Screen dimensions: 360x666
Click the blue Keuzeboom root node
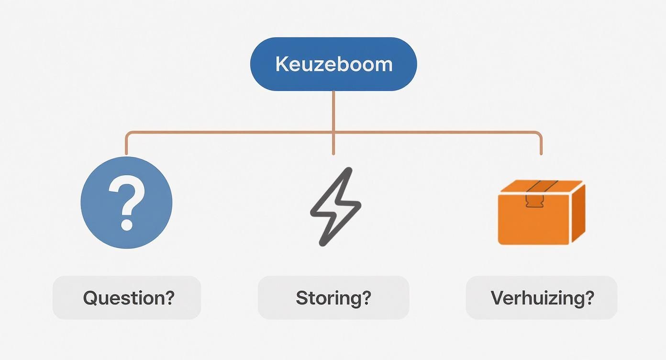point(333,64)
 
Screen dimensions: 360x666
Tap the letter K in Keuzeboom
point(281,65)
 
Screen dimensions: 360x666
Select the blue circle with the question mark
point(126,202)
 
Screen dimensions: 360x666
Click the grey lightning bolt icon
point(335,206)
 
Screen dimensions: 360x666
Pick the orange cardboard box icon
point(541,212)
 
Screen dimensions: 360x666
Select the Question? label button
point(127,298)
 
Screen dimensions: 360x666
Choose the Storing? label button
point(333,298)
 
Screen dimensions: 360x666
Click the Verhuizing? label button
point(542,298)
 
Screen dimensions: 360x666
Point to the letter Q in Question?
point(90,298)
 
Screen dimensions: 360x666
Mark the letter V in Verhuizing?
point(498,298)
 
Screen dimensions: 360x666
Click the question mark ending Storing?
point(366,298)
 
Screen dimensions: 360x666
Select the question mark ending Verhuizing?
point(589,298)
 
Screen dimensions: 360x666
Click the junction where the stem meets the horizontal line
point(333,132)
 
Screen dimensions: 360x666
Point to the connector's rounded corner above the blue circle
point(128,134)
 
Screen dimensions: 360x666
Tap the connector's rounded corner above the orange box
point(539,134)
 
